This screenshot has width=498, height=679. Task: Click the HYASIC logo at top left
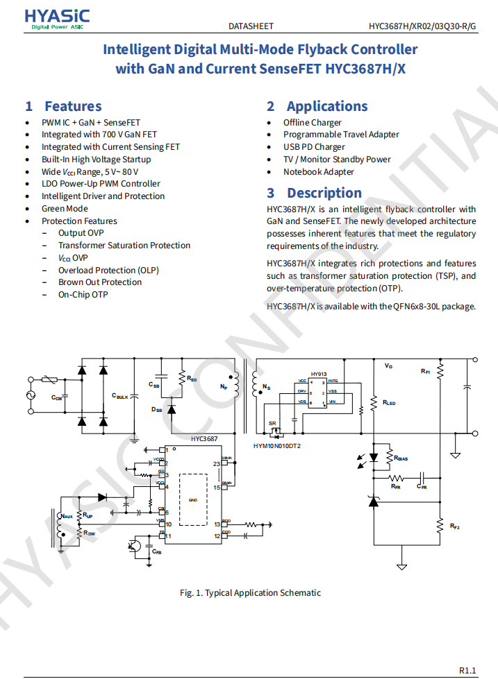click(x=57, y=19)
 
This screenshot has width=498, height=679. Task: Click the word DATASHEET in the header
click(x=251, y=26)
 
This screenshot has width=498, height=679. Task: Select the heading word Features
click(x=73, y=106)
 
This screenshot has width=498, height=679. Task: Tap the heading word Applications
click(x=327, y=106)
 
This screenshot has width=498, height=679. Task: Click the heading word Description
click(x=324, y=193)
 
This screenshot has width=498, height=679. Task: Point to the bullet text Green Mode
click(x=65, y=209)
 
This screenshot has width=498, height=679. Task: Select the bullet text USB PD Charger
click(x=314, y=147)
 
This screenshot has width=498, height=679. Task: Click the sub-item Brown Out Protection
click(x=100, y=282)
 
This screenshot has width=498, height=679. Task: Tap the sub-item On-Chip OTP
click(x=83, y=295)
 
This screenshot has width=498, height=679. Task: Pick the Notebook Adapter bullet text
click(x=319, y=172)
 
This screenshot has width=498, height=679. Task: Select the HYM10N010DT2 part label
click(x=277, y=446)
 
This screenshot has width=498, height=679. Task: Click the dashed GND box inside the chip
click(x=193, y=499)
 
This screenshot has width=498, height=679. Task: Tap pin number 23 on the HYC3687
click(x=217, y=463)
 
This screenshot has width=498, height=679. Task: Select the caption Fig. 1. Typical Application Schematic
click(x=250, y=593)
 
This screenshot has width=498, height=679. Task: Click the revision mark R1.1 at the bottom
click(x=467, y=670)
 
